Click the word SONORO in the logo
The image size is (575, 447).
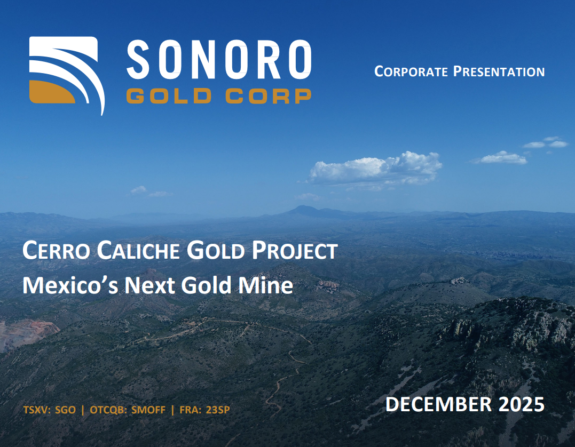click(x=219, y=59)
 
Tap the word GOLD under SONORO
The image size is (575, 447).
click(x=169, y=96)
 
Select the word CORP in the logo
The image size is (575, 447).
click(x=269, y=96)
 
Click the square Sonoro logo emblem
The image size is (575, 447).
click(x=67, y=75)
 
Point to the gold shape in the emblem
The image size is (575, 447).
click(x=51, y=92)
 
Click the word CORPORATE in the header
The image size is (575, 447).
click(x=411, y=71)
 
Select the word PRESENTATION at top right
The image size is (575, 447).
click(x=499, y=71)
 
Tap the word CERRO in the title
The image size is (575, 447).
click(x=56, y=251)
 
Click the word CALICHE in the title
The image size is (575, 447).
click(x=138, y=251)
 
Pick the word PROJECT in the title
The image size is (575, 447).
click(x=295, y=251)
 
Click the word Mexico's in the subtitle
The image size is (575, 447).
click(x=70, y=285)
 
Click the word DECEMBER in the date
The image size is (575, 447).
click(x=438, y=404)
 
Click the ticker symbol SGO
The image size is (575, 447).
click(x=65, y=410)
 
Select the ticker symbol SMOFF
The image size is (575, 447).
click(x=148, y=410)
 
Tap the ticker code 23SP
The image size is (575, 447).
click(x=218, y=410)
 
